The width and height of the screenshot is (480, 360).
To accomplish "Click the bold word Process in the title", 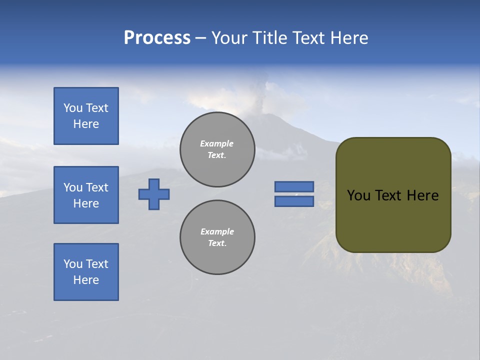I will coord(157,38).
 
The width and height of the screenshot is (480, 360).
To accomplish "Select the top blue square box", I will coord(86,116).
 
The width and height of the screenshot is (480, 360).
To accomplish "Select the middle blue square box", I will coord(86,195).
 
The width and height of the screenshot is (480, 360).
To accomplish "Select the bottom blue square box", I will coord(86,272).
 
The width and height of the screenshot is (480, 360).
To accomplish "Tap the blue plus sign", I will coord(154,194).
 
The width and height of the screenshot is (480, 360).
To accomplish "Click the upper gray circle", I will coord(217,149).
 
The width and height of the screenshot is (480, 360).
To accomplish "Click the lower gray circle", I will coord(217,237).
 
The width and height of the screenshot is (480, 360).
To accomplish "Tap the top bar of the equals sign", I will coord(294,186).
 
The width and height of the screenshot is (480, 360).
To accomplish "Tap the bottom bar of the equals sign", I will coord(294,201).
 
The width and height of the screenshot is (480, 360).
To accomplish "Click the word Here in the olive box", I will coord(422,195).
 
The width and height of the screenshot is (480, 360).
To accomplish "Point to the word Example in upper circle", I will coord(216,143).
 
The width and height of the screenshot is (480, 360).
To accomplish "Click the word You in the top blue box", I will coord(72,108).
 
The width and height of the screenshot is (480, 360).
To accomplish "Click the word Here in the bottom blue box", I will coord(86,280).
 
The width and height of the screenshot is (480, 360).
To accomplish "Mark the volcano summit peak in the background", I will coord(270,115).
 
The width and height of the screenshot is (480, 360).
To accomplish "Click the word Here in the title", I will coord(349,38).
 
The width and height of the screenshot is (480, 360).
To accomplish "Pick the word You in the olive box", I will coord(358,195).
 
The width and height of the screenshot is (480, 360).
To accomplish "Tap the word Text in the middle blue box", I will coord(97,187).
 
